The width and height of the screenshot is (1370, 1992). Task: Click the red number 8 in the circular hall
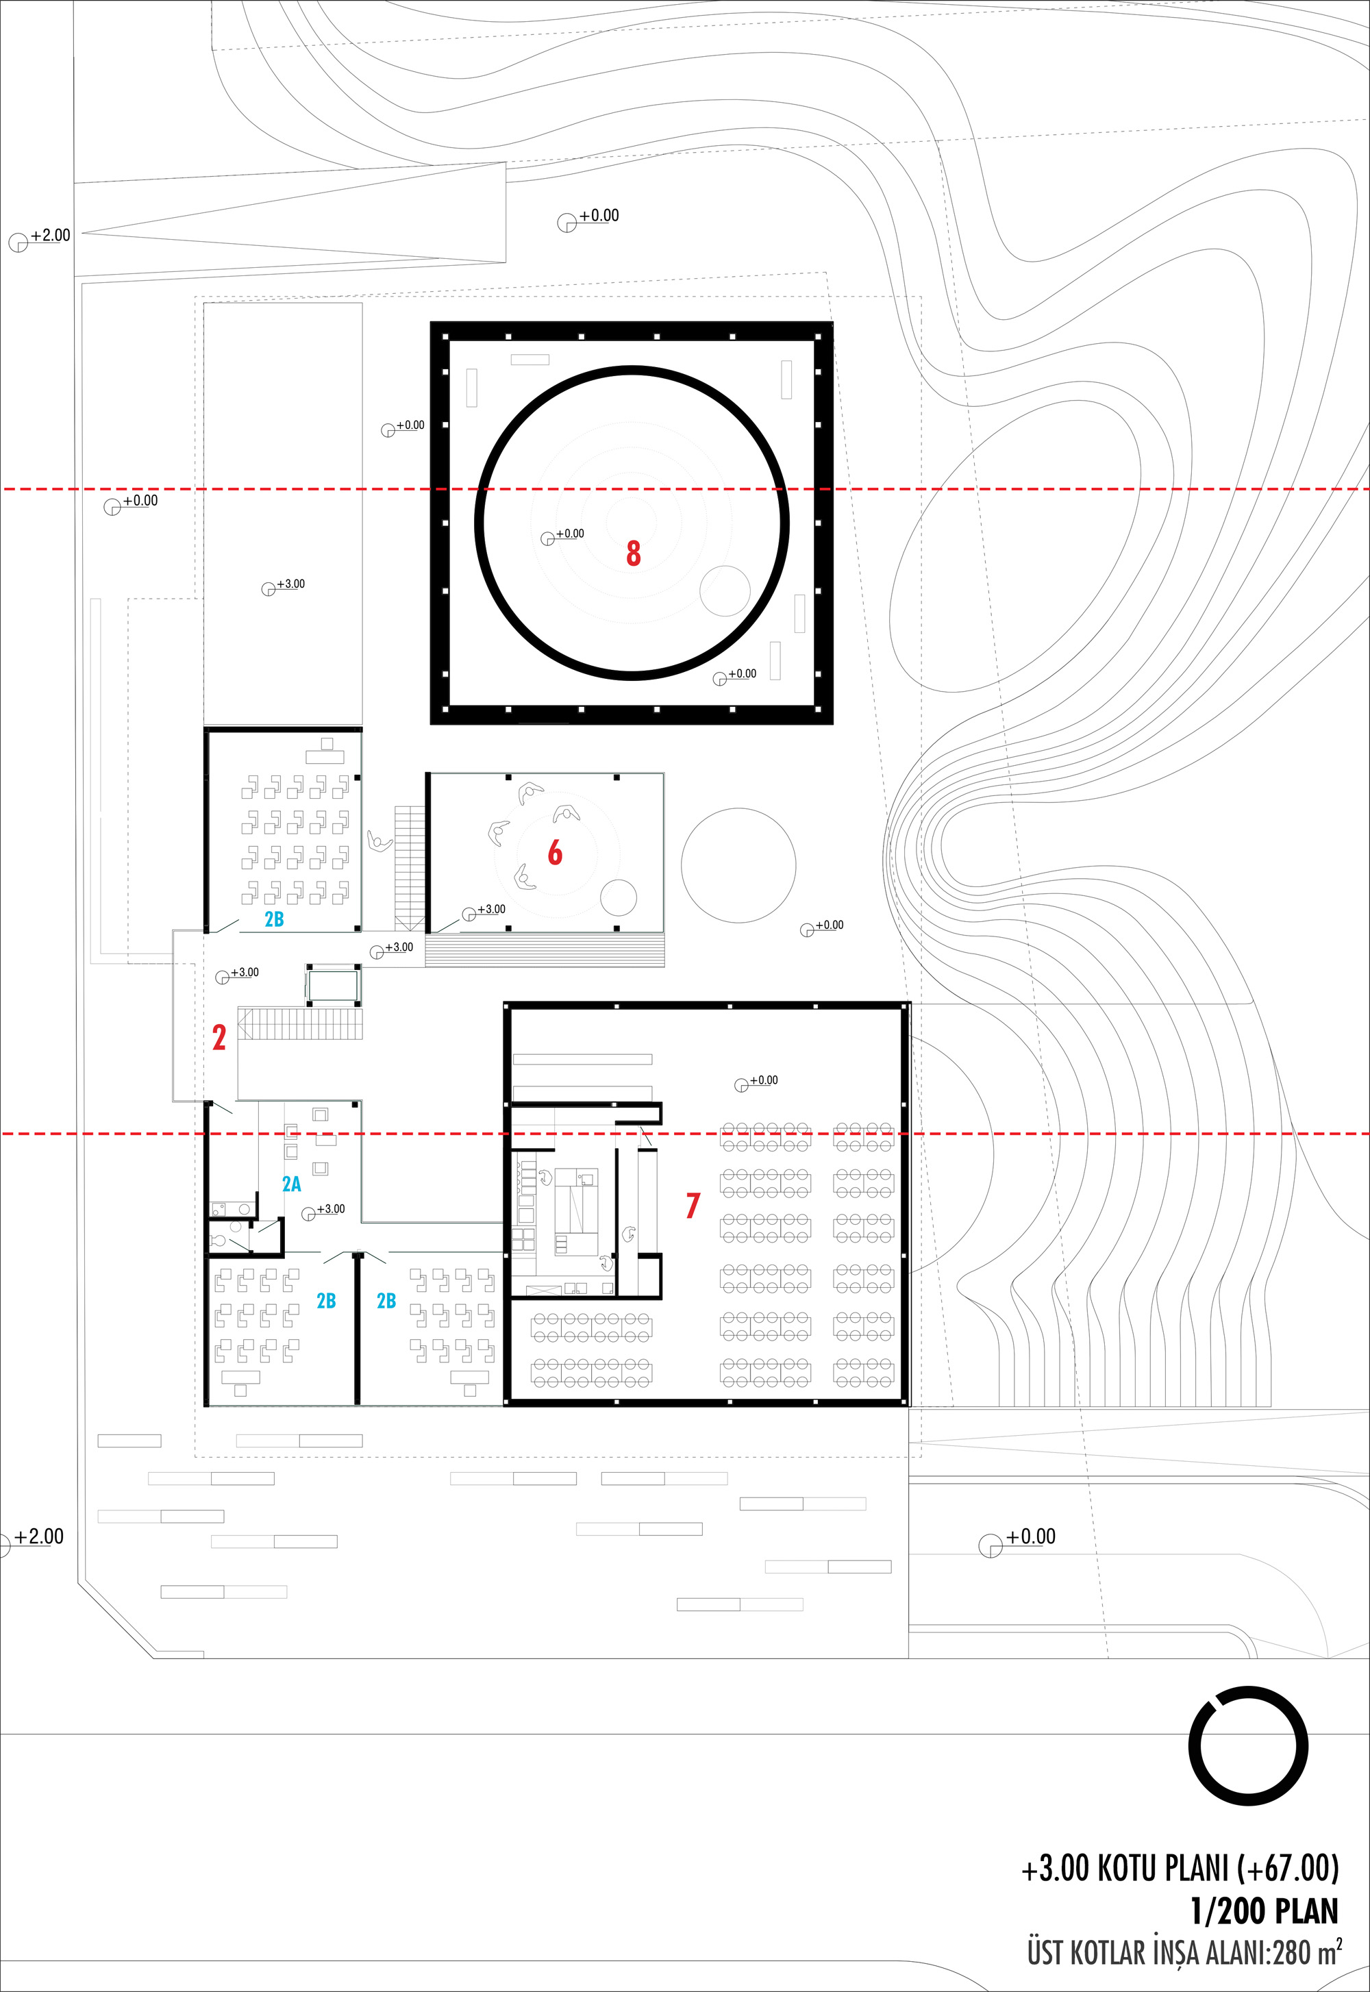point(634,553)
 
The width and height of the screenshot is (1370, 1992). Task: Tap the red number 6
point(556,851)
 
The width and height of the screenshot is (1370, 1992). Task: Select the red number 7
point(693,1205)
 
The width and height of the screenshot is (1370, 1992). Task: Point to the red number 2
point(219,1038)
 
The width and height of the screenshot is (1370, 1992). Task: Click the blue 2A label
point(292,1184)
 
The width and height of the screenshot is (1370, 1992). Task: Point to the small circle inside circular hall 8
point(725,591)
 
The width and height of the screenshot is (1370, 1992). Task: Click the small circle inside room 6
point(618,899)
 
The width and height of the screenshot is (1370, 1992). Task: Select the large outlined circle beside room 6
point(738,865)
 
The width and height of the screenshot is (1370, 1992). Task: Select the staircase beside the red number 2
point(301,1024)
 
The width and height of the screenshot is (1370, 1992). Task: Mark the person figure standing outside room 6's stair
point(379,841)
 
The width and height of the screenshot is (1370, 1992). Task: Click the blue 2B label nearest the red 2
point(274,919)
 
